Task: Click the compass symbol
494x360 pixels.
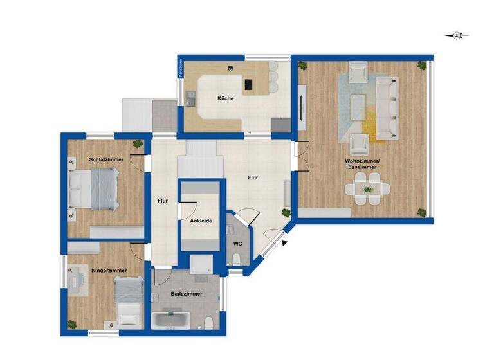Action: pos(457,35)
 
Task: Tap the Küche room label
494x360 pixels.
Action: pos(225,98)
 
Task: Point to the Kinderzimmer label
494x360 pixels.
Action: pos(109,271)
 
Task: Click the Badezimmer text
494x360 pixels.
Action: pos(187,294)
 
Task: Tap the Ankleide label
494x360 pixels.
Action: pos(201,221)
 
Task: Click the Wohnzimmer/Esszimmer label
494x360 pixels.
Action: pos(361,163)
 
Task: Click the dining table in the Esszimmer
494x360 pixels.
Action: pos(367,190)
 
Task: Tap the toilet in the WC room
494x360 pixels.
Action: pos(236,258)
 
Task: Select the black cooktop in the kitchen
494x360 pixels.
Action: pos(249,84)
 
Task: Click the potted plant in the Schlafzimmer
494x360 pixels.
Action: pos(137,143)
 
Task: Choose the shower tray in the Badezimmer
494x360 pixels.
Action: pos(203,264)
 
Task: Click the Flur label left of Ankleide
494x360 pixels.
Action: pos(163,201)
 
